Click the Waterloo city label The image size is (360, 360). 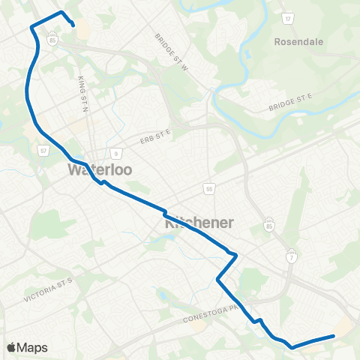(x=100, y=169)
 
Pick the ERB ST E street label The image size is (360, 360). (x=155, y=136)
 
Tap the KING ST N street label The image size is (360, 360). (x=82, y=88)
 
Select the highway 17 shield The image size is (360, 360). (x=288, y=17)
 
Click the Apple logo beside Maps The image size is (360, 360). (x=11, y=347)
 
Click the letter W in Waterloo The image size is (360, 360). (x=75, y=169)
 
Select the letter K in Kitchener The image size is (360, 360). (x=169, y=223)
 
